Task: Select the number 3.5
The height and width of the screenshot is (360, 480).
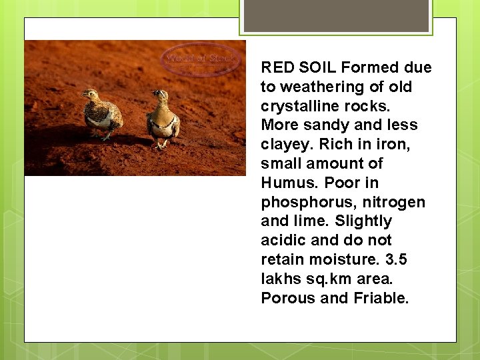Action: click(x=398, y=259)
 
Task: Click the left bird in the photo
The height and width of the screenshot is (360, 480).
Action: click(x=103, y=115)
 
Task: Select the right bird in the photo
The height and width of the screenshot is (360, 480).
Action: click(x=163, y=119)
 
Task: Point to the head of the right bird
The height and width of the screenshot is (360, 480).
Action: click(x=160, y=95)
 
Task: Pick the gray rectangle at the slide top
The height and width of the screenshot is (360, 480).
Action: click(x=336, y=15)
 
